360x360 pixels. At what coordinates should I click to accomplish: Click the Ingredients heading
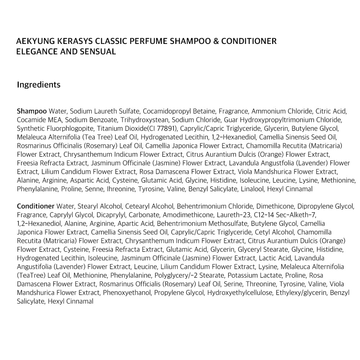coord(39,85)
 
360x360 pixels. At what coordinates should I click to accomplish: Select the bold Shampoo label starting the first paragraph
coord(32,111)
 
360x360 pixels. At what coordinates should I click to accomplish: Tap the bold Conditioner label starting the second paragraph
coord(36,206)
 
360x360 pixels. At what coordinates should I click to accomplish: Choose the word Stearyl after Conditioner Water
coord(87,206)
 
